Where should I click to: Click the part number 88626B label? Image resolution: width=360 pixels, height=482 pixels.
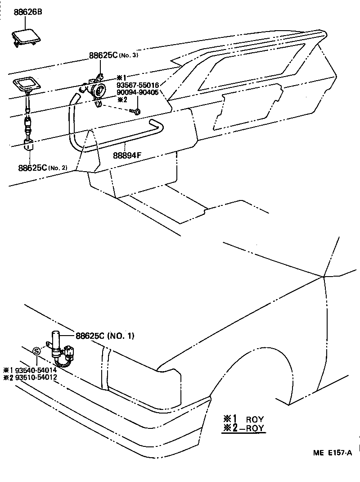[x=27, y=12]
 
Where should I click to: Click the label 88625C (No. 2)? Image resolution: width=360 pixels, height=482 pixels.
[x=42, y=168]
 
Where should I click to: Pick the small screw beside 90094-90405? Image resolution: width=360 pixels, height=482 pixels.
[x=136, y=110]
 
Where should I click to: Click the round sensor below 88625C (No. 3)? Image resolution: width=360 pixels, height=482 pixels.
[x=98, y=91]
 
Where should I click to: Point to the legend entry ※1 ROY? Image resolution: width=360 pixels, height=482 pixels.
[x=243, y=418]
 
